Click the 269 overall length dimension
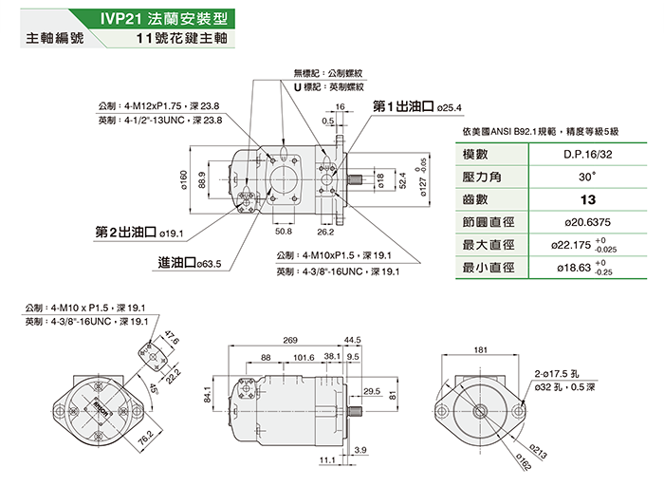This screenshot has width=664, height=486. (290, 339)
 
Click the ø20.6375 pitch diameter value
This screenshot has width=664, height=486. (586, 222)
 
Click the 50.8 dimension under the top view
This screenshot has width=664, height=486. (283, 231)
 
